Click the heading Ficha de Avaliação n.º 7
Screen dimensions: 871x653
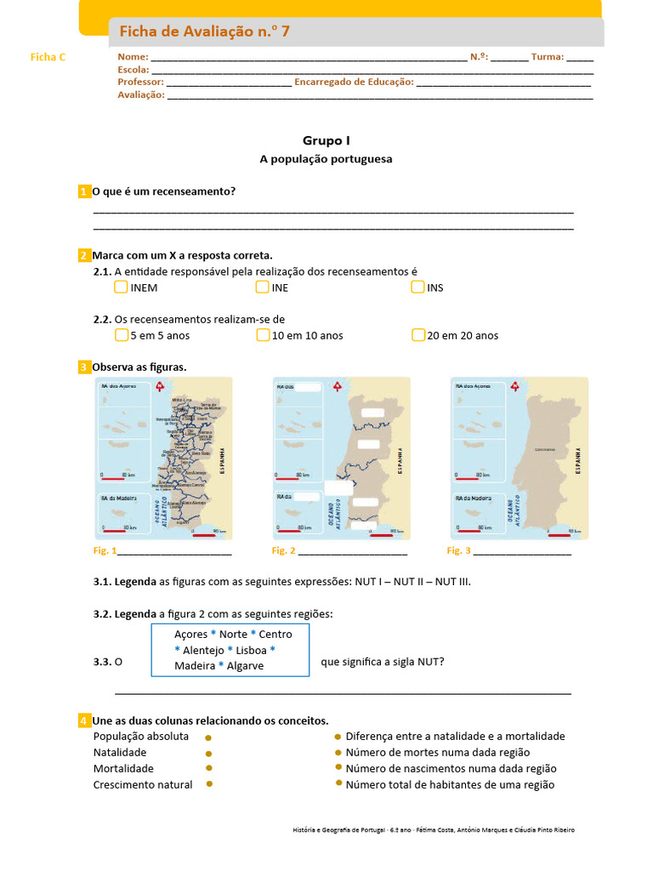point(204,32)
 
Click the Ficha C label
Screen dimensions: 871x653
point(48,57)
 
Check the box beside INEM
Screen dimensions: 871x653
point(121,287)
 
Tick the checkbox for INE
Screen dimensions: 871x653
point(262,287)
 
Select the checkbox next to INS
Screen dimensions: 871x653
point(417,287)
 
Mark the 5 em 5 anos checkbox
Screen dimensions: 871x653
point(121,335)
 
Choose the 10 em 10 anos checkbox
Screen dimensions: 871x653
point(263,335)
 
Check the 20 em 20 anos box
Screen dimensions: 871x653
point(417,335)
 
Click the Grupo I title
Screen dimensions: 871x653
point(326,140)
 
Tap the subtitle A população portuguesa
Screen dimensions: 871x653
point(326,159)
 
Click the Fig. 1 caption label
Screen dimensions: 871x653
point(104,551)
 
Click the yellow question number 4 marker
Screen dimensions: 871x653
point(83,720)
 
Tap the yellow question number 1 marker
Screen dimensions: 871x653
point(83,191)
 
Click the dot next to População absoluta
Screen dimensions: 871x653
point(208,737)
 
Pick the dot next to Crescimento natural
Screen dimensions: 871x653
point(208,784)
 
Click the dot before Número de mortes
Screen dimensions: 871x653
point(338,753)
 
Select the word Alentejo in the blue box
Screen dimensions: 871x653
point(203,650)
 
